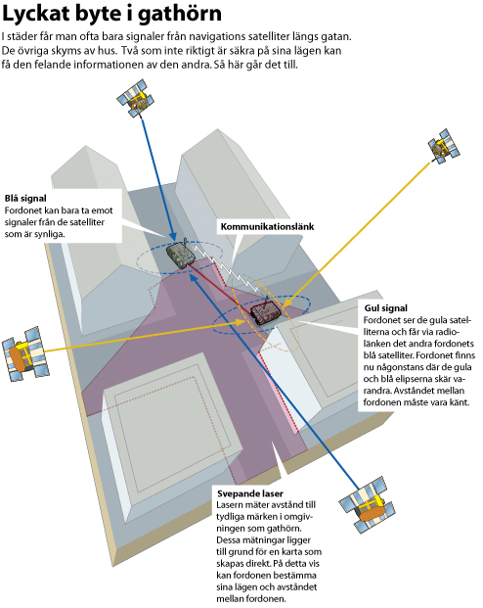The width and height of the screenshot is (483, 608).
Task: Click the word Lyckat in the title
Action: point(36,14)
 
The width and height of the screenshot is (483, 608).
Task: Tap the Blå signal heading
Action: point(25,199)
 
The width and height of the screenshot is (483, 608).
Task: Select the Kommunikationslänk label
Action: point(267,226)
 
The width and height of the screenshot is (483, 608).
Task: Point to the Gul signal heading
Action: point(386,308)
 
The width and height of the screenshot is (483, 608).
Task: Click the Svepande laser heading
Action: point(250,493)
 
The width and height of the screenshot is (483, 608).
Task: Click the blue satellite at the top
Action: point(136,98)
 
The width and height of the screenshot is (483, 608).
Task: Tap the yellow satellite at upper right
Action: point(444,146)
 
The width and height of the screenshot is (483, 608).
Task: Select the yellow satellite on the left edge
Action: point(25,353)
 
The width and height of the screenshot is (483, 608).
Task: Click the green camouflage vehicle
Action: point(181,255)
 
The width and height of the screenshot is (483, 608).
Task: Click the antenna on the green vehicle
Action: point(185,243)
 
